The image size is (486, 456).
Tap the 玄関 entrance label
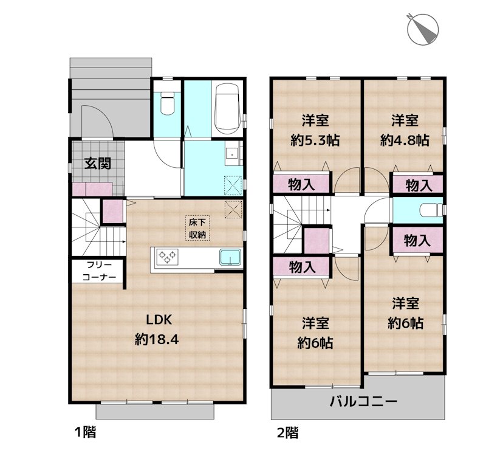(x=97, y=164)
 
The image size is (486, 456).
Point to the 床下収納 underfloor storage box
(x=196, y=228)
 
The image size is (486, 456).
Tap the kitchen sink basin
(x=230, y=257)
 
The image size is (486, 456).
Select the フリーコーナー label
(x=97, y=271)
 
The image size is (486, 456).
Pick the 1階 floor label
(x=85, y=433)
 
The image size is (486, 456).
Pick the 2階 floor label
(x=287, y=433)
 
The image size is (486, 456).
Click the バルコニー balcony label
(x=363, y=402)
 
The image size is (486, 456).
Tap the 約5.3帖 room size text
(x=315, y=140)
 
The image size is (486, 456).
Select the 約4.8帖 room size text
(x=405, y=140)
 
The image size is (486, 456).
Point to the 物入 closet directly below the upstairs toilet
(x=417, y=240)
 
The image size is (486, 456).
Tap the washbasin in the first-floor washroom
(x=231, y=154)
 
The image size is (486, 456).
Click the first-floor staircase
(x=97, y=231)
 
